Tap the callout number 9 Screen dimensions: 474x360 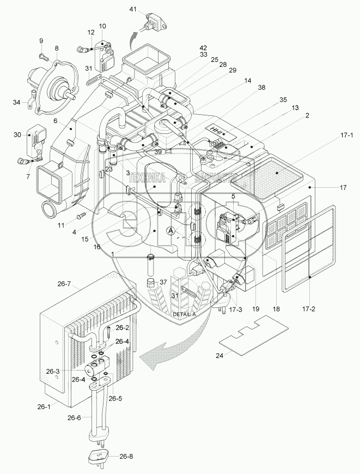[40, 41]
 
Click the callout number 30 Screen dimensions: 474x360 [17, 134]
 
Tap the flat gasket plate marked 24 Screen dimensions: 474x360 [252, 335]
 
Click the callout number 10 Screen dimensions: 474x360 [103, 26]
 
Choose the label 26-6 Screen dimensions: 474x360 [75, 418]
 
